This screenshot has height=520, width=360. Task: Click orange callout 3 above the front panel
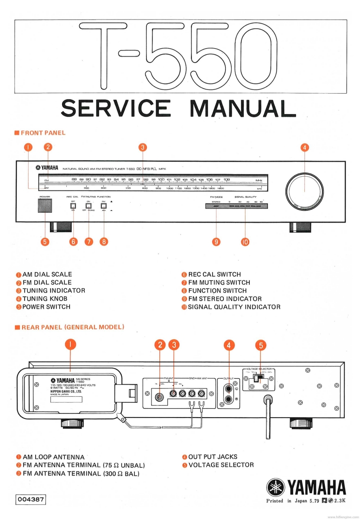pos(143,147)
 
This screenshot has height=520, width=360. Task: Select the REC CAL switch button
pos(73,205)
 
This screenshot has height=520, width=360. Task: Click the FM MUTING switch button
pos(88,205)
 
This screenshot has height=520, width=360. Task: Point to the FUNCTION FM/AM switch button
pos(104,205)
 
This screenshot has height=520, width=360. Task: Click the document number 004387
pos(30,500)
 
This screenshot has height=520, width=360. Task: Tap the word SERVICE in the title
pos(115,108)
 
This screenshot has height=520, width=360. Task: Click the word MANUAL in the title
pos(242,108)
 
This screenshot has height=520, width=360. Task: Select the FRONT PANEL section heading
pos(43,133)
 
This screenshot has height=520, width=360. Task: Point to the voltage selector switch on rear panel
pos(258,379)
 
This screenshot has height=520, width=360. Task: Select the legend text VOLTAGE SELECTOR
pos(221,465)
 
